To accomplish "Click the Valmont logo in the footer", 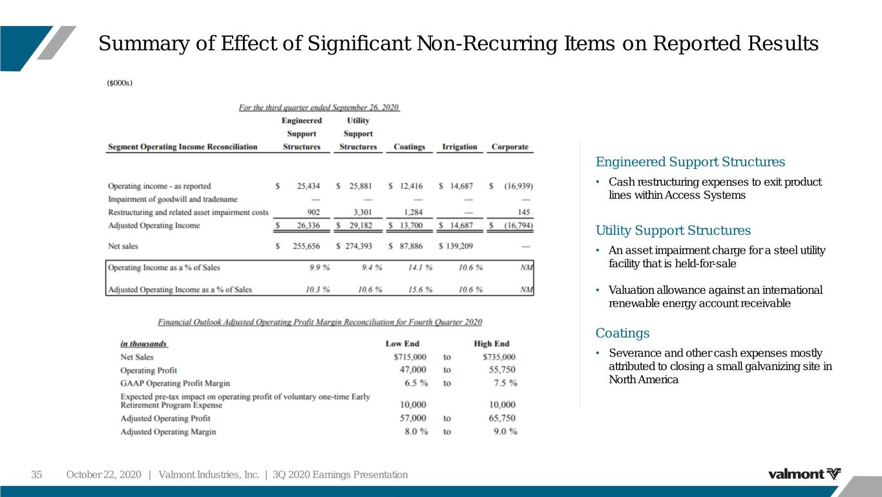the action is [804, 474].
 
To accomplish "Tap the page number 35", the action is [36, 474].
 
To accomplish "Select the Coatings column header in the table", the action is [410, 147].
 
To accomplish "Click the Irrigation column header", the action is [459, 147].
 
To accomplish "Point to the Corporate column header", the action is [510, 147].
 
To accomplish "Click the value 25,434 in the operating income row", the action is [308, 186].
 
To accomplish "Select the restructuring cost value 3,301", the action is [362, 212].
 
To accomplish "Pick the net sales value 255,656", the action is [306, 246].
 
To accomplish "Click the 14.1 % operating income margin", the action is [420, 267].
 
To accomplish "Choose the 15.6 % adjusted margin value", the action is [420, 289].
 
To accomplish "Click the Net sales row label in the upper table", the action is [123, 246].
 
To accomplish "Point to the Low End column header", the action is [403, 344].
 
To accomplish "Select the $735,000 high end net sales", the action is [499, 357].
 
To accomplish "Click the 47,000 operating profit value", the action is [413, 370].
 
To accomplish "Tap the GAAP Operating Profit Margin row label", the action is [175, 383].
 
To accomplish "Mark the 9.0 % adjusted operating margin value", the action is [505, 432].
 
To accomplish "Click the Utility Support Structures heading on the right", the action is [673, 230].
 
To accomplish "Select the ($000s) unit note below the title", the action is [120, 83].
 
